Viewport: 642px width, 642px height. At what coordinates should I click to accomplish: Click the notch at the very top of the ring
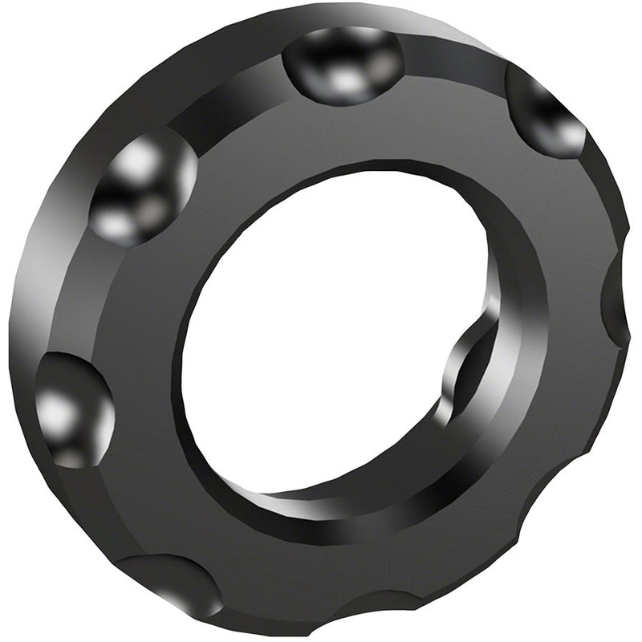point(343,64)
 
